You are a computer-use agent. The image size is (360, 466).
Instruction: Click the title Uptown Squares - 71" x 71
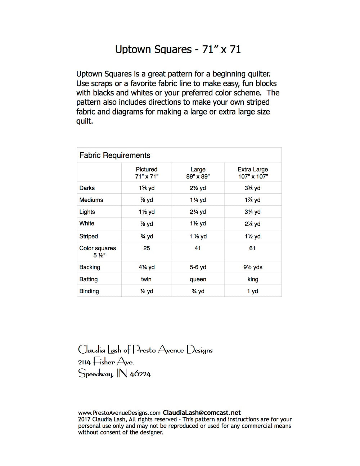178,49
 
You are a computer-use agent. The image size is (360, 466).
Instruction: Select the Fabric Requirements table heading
115,155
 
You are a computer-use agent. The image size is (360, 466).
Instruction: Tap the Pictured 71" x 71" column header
147,173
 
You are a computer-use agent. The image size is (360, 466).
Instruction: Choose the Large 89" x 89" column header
198,173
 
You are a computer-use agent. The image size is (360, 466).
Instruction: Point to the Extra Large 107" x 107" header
253,173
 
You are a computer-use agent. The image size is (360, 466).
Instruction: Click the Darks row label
87,188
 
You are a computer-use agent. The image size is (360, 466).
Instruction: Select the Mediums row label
91,200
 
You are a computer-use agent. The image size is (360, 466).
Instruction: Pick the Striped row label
89,236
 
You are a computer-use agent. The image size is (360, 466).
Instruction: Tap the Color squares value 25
147,248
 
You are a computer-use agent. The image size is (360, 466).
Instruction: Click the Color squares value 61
252,248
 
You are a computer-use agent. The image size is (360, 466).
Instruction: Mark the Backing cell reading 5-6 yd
198,267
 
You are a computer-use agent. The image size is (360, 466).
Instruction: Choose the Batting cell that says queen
198,279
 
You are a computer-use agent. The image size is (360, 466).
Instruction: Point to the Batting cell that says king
253,279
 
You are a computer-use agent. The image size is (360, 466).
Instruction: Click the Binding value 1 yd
253,291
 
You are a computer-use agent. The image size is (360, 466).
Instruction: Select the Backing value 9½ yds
253,267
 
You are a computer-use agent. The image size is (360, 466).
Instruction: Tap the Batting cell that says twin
146,279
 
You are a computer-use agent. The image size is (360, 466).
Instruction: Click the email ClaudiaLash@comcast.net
202,413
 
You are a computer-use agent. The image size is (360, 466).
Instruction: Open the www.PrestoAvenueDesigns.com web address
119,413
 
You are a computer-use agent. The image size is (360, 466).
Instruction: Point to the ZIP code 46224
140,374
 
